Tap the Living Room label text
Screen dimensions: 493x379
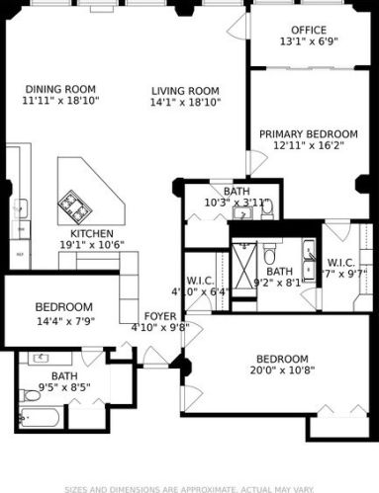(185, 89)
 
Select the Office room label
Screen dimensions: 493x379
(309, 30)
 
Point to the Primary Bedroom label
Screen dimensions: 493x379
(309, 133)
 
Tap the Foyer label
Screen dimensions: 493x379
(159, 316)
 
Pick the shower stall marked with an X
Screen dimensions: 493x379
(243, 259)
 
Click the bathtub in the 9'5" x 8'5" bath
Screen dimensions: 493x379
(28, 416)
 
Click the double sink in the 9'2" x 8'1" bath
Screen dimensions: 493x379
(308, 254)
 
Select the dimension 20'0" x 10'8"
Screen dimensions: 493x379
(282, 371)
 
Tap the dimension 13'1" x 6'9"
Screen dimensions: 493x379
(309, 42)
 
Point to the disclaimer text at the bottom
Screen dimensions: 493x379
(189, 488)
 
